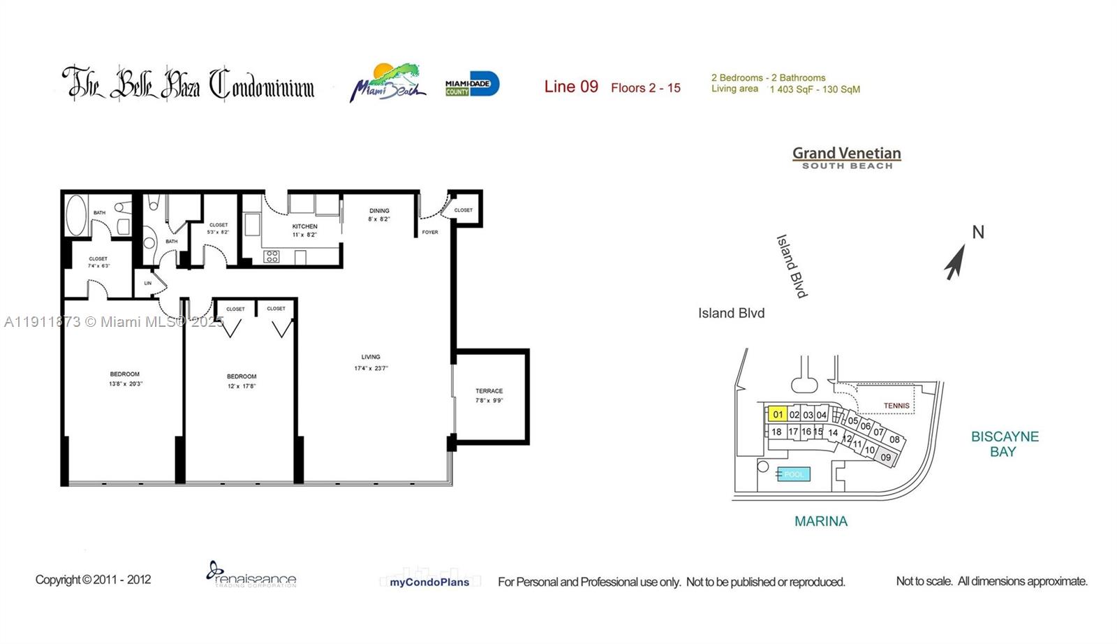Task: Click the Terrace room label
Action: pos(489,391)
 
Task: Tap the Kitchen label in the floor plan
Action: pos(304,226)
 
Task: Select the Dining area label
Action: pos(379,211)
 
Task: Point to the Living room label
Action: pos(371,357)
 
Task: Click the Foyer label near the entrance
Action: pos(430,232)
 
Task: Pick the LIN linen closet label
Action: pos(148,283)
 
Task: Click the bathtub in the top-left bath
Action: pos(75,215)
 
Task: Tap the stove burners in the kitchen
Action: pos(272,257)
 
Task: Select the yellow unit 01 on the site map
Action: pos(778,414)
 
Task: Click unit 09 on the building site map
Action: pos(886,458)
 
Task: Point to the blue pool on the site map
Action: pos(794,474)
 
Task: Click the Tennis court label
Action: pos(896,405)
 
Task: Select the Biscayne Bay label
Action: pos(1005,444)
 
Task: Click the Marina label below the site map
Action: pos(821,521)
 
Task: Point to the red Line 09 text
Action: pos(571,87)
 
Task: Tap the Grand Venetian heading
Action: pos(846,154)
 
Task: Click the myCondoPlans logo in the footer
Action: pos(429,581)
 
